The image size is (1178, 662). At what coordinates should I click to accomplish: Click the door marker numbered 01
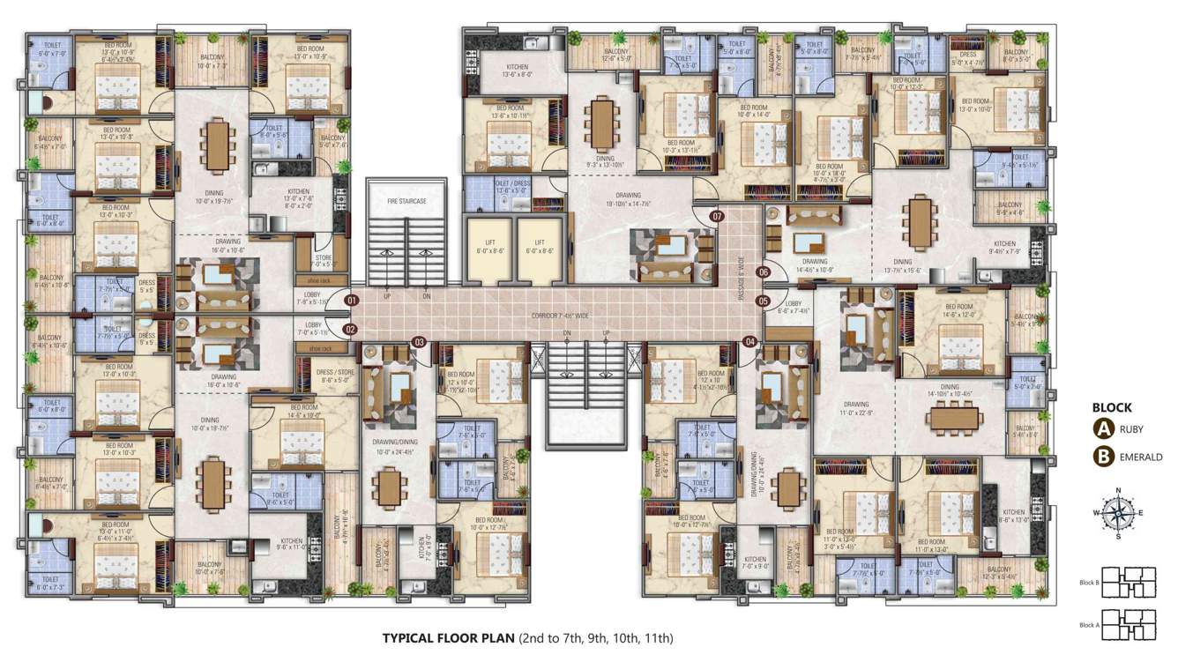[x=352, y=301]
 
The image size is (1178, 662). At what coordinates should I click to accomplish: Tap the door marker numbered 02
[x=352, y=330]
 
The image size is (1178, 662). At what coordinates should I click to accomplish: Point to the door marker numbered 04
[x=750, y=342]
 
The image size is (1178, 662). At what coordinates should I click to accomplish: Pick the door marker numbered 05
[x=764, y=301]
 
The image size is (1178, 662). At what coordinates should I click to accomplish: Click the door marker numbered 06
[x=764, y=272]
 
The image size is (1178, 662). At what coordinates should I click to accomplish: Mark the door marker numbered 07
[x=717, y=216]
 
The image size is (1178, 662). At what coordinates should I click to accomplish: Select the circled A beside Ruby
[x=1102, y=430]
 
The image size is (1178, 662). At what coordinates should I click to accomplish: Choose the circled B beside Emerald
[x=1102, y=457]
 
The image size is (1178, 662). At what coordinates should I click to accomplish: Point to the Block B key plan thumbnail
[x=1128, y=583]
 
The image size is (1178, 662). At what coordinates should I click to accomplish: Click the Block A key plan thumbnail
[x=1128, y=624]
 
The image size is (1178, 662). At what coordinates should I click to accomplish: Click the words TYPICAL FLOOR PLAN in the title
[x=448, y=638]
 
